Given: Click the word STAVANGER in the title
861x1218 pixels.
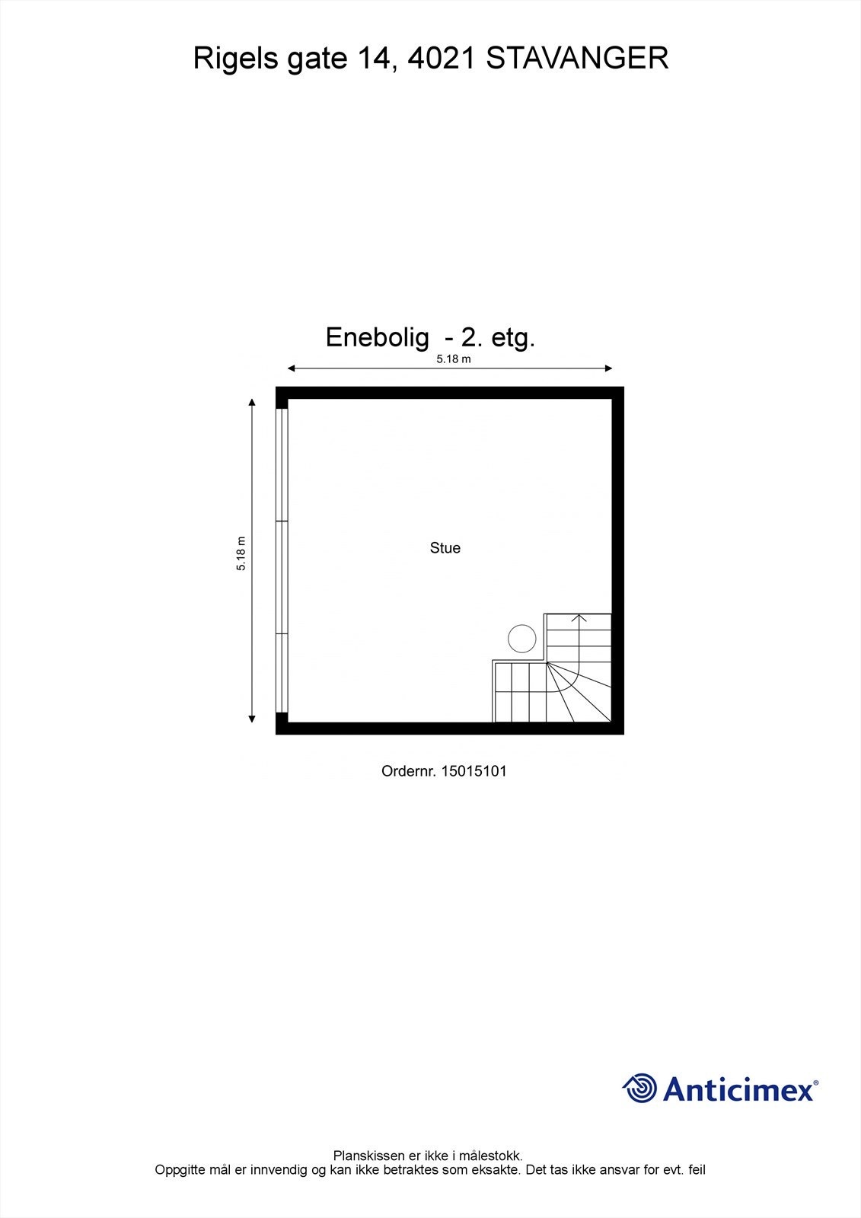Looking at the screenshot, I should click(577, 59).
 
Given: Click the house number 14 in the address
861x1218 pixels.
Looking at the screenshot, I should click(373, 59).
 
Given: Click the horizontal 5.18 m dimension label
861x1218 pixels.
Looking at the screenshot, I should click(453, 359).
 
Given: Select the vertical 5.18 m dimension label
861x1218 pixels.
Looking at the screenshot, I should click(241, 553).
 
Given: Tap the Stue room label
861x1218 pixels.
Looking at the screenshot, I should click(445, 548).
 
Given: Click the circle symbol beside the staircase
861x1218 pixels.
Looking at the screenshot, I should click(522, 639).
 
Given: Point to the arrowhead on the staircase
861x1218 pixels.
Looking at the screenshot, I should click(579, 617).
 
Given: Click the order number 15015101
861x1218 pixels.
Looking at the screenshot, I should click(474, 771).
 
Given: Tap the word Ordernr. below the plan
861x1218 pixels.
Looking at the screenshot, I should click(409, 771).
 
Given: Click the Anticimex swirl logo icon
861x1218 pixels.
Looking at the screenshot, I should click(639, 1088).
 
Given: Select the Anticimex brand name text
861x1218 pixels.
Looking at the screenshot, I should click(738, 1089).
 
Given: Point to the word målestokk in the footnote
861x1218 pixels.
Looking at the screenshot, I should click(493, 1156).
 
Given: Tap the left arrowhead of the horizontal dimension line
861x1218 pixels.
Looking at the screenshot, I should click(291, 369).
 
